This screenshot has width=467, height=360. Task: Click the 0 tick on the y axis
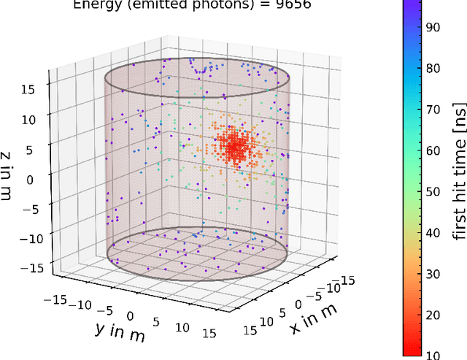click(131, 315)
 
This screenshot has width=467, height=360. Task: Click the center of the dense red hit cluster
click(236, 147)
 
